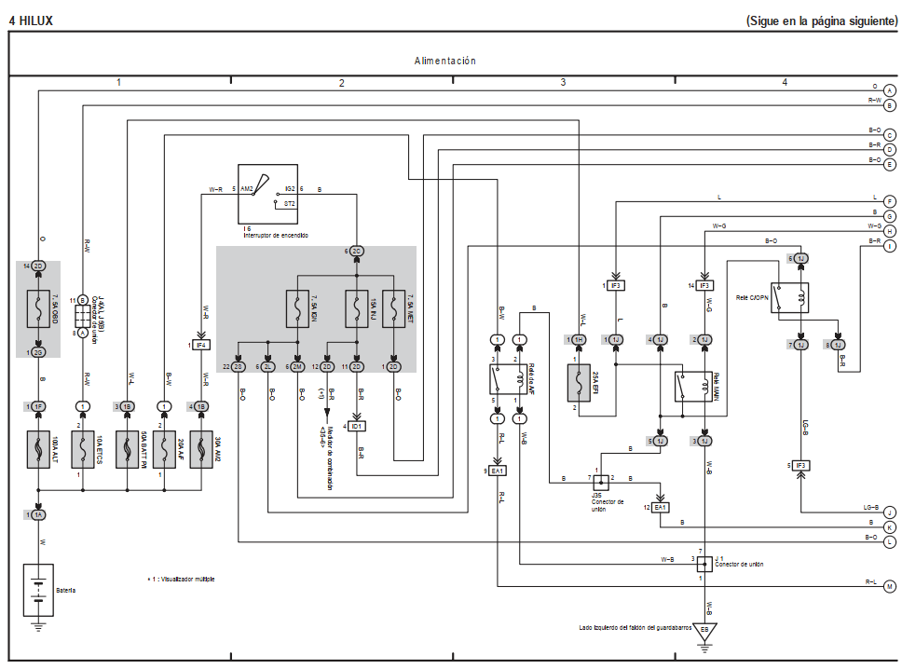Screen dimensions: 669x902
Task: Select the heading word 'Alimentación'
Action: click(x=445, y=61)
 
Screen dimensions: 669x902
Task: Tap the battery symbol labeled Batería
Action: click(x=38, y=591)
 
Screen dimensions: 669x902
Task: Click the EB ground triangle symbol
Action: click(x=704, y=630)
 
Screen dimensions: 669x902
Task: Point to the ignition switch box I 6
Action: click(x=266, y=195)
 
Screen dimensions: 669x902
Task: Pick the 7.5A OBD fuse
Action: click(x=38, y=309)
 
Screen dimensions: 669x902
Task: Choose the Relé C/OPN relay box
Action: click(x=789, y=297)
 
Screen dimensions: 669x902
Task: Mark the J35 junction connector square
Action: click(x=601, y=482)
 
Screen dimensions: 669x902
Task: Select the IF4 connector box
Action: click(x=200, y=345)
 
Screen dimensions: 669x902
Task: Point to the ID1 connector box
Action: click(x=357, y=426)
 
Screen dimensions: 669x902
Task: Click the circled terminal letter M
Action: click(x=889, y=586)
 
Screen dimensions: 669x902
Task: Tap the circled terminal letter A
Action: click(x=890, y=89)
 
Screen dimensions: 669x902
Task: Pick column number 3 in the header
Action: click(x=563, y=83)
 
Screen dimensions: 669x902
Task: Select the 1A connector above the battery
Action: click(x=38, y=514)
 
